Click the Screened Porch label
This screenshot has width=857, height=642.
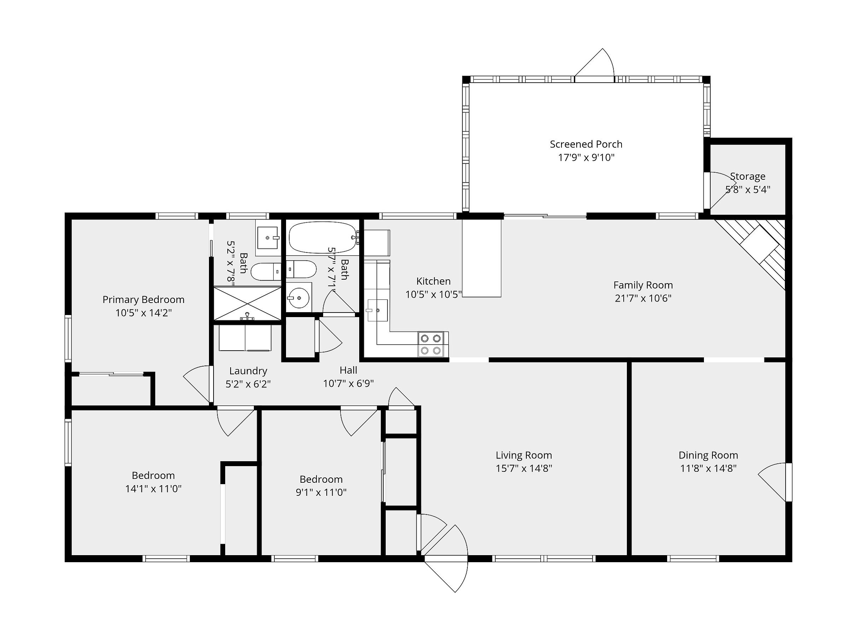pyautogui.click(x=586, y=144)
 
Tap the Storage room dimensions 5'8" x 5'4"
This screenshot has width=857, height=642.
pyautogui.click(x=748, y=190)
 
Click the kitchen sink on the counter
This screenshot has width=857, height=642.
pyautogui.click(x=377, y=310)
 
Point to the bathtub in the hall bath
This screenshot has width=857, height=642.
pyautogui.click(x=322, y=237)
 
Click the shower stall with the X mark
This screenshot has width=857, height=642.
pyautogui.click(x=247, y=303)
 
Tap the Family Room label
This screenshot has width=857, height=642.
pyautogui.click(x=643, y=285)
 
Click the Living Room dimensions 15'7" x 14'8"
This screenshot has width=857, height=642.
pyautogui.click(x=524, y=468)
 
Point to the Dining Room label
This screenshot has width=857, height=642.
pyautogui.click(x=708, y=455)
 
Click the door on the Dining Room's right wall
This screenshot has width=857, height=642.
pyautogui.click(x=775, y=482)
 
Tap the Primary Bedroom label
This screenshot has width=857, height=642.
pyautogui.click(x=143, y=299)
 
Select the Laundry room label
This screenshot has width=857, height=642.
pyautogui.click(x=248, y=371)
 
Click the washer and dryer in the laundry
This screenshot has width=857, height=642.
pyautogui.click(x=245, y=338)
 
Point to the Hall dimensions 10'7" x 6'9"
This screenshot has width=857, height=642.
pyautogui.click(x=348, y=384)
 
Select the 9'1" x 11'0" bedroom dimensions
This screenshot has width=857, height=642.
pyautogui.click(x=321, y=492)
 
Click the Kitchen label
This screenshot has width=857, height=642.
pyautogui.click(x=433, y=281)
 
